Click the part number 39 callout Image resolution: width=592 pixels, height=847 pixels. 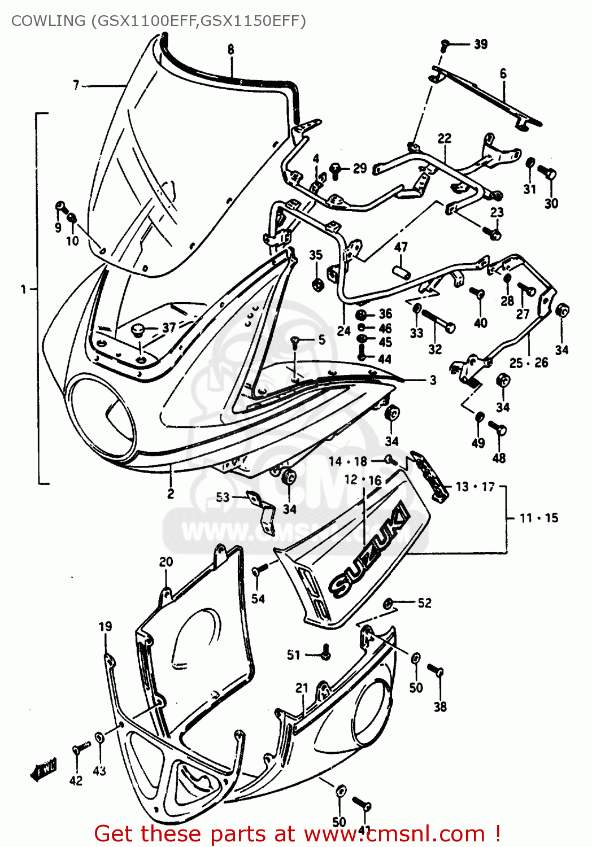tap(481, 44)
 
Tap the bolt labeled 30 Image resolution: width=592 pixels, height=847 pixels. tap(547, 172)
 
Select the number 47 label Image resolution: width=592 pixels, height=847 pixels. tap(401, 247)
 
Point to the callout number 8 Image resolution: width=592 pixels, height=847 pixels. tap(230, 50)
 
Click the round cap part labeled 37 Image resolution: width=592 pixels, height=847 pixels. tap(138, 330)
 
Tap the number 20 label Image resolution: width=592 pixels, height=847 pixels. tap(166, 562)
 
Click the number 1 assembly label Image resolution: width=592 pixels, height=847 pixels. tap(23, 289)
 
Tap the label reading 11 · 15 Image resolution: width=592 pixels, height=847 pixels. tap(539, 518)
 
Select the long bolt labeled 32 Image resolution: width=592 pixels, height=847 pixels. tap(438, 321)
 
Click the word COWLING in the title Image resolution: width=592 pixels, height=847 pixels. tap(47, 21)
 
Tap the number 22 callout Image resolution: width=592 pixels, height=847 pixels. tap(445, 138)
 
